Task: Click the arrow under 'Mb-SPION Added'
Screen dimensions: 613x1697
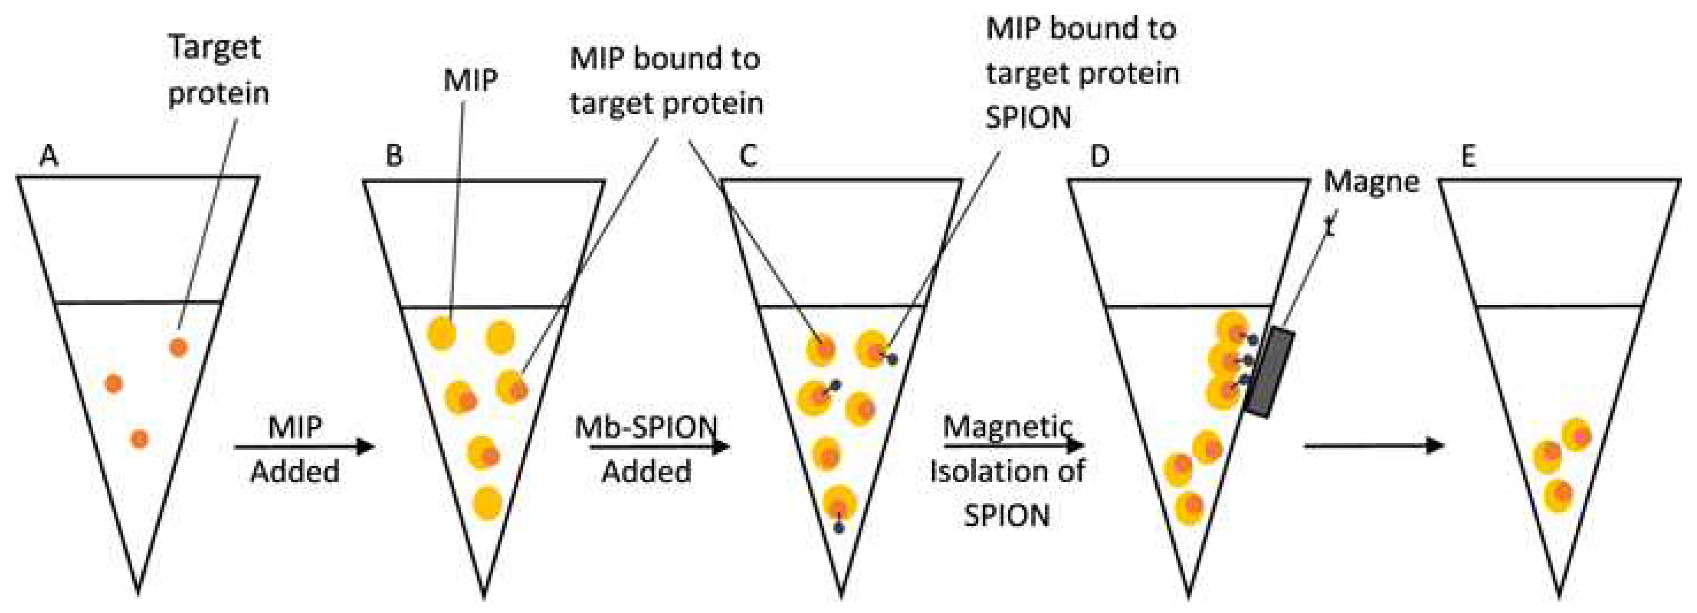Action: tap(659, 447)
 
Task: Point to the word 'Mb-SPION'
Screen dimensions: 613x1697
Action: tap(645, 427)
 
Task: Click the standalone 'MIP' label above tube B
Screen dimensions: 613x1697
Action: tap(470, 80)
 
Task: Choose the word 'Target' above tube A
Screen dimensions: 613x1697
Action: tap(215, 47)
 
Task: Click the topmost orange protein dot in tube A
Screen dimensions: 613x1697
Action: tap(178, 347)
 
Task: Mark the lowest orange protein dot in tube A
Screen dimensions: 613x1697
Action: tap(139, 439)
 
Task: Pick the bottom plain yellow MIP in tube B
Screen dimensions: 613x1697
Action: tap(488, 503)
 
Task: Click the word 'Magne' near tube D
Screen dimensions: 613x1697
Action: tap(1371, 182)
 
